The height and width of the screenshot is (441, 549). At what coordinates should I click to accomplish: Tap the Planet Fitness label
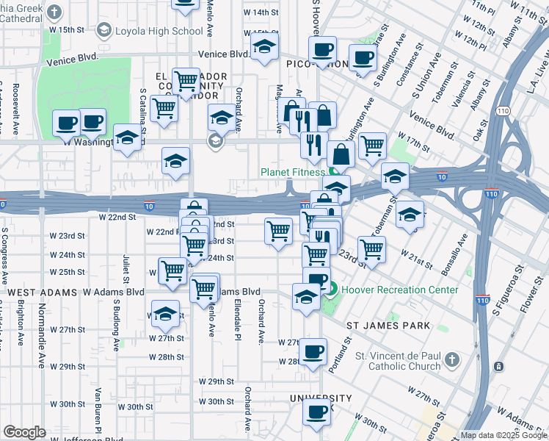click(293, 173)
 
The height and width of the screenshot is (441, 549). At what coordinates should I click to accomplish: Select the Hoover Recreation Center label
click(398, 290)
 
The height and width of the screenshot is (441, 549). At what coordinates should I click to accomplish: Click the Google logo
click(24, 432)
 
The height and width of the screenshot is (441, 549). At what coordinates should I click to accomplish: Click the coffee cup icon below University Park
click(317, 414)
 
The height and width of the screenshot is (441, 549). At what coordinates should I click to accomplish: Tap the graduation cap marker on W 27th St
click(166, 313)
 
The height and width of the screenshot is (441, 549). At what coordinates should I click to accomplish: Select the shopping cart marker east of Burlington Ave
click(372, 145)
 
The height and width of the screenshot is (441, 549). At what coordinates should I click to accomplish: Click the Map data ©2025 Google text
click(503, 435)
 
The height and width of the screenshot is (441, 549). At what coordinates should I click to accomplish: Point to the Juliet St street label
click(126, 269)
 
